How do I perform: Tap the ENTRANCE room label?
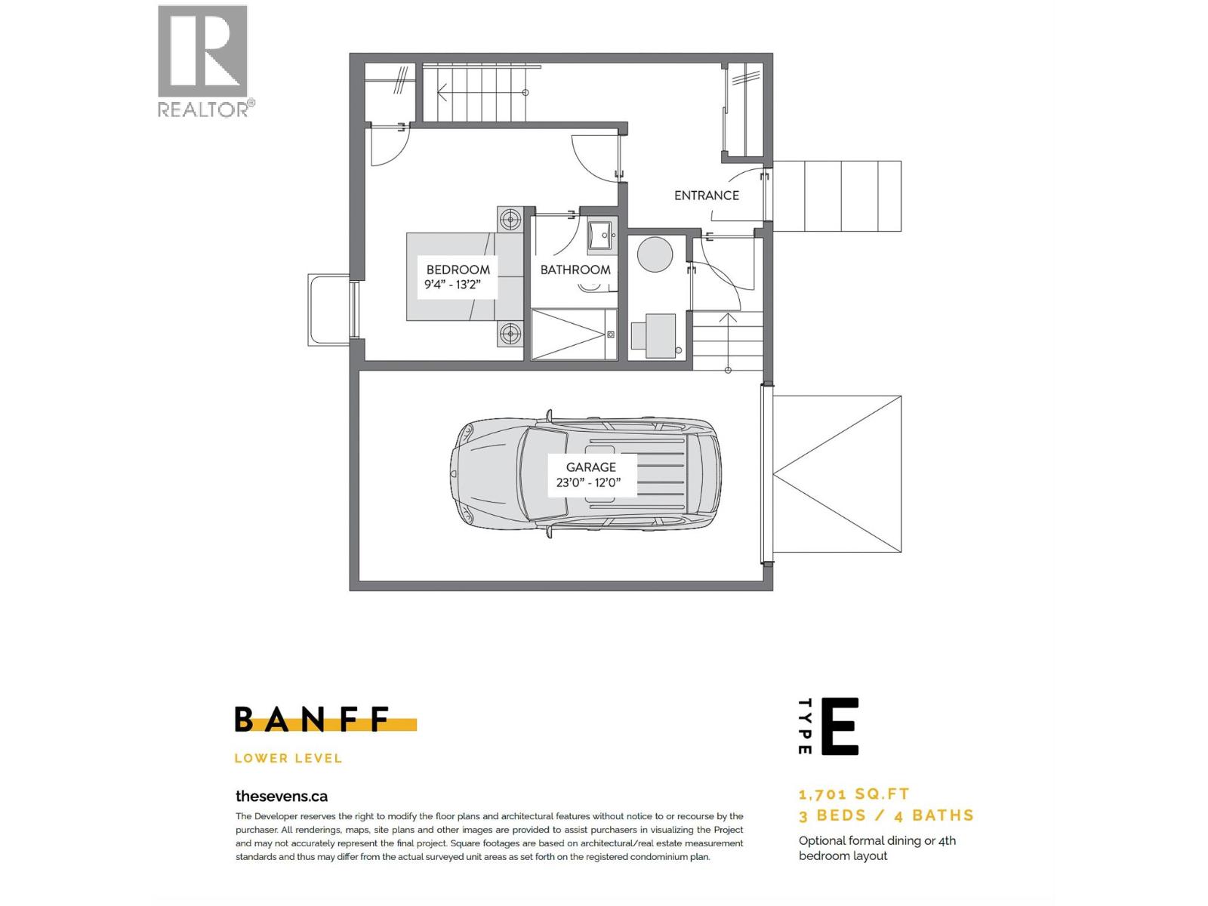pos(706,196)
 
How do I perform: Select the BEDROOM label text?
pos(458,270)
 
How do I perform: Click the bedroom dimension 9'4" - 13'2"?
pos(452,285)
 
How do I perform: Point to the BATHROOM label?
pos(575,270)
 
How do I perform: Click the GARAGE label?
pos(591,467)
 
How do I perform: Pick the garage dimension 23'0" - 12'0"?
pos(588,483)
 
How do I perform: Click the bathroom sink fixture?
pos(602,234)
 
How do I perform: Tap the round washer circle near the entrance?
pos(655,254)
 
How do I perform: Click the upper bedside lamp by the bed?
pos(511,220)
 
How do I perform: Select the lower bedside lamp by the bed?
pos(511,333)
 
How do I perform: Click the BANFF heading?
pos(313,720)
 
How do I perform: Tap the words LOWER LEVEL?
pos(288,758)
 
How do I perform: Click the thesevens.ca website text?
pos(282,796)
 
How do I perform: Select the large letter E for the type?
pos(840,726)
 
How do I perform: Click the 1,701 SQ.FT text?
pos(854,794)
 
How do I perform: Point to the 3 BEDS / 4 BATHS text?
pos(886,815)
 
